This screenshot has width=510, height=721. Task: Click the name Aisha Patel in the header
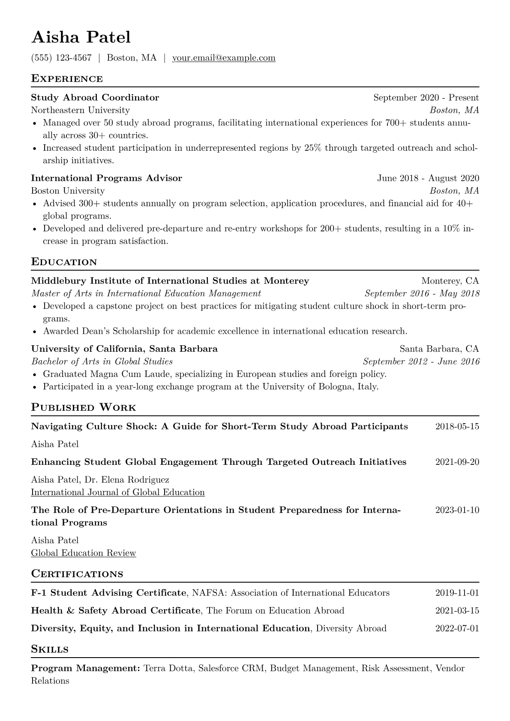81,37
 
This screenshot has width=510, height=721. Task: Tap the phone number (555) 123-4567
61,58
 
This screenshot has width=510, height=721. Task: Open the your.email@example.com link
224,58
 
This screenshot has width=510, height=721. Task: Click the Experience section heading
67,79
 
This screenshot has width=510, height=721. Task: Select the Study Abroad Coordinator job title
95,98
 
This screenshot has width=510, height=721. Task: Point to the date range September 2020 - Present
426,98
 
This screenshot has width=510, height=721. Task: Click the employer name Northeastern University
80,110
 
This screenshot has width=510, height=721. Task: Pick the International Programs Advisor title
106,178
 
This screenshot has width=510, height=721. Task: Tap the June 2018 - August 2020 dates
428,178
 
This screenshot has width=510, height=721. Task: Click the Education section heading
64,262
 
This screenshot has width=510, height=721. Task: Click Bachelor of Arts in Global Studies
102,362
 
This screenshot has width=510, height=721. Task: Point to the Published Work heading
84,407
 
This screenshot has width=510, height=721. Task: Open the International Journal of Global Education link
118,492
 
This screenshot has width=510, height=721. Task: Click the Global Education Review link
84,553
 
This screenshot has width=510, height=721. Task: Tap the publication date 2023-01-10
457,510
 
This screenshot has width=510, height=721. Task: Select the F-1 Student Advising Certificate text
109,593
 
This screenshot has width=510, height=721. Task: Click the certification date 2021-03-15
457,611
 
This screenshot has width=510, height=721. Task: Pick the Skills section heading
50,649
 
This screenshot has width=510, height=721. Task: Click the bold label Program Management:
85,668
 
